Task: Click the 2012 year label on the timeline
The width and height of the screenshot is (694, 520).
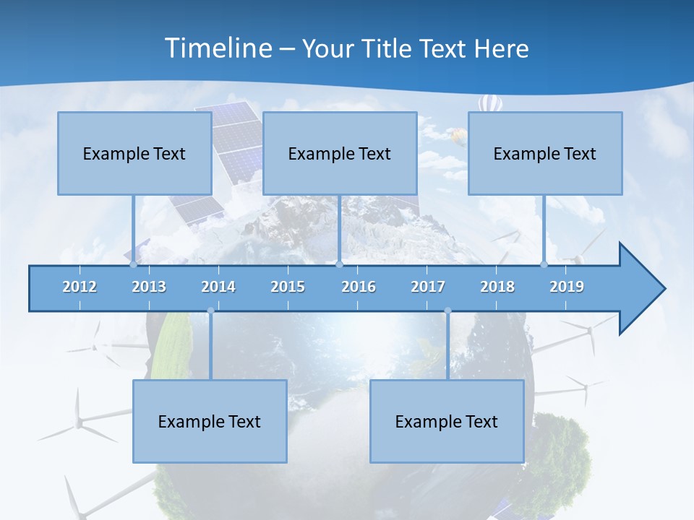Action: pyautogui.click(x=80, y=287)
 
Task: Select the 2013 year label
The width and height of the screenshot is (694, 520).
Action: pyautogui.click(x=149, y=287)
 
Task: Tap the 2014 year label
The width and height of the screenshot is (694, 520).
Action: pyautogui.click(x=218, y=287)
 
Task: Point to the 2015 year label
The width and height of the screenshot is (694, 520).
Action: pyautogui.click(x=288, y=287)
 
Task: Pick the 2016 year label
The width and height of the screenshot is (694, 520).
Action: pyautogui.click(x=359, y=287)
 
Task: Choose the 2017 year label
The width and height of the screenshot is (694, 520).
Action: pyautogui.click(x=428, y=287)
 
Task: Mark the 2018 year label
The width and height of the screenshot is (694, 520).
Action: pyautogui.click(x=497, y=287)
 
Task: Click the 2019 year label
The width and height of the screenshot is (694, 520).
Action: pyautogui.click(x=567, y=287)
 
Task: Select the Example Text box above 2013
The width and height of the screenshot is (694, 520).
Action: pyautogui.click(x=134, y=153)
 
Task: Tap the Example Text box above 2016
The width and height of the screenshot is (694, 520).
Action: pyautogui.click(x=340, y=153)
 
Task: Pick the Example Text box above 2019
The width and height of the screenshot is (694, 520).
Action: pyautogui.click(x=545, y=153)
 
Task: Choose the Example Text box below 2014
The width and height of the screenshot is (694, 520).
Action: pyautogui.click(x=210, y=421)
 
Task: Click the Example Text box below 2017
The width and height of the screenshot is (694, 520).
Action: pyautogui.click(x=447, y=421)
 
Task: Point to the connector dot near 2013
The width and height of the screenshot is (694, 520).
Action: pyautogui.click(x=134, y=264)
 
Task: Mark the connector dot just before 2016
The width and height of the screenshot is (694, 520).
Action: pyautogui.click(x=340, y=264)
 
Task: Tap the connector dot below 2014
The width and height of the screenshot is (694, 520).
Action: pyautogui.click(x=210, y=311)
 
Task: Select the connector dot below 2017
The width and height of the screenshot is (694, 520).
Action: pyautogui.click(x=447, y=311)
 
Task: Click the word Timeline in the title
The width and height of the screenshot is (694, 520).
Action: pyautogui.click(x=218, y=48)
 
